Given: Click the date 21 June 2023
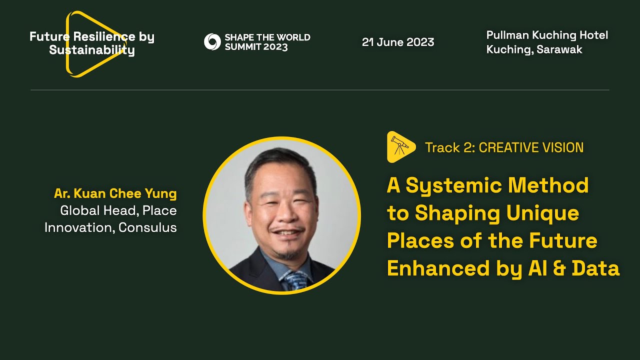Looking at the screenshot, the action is click(x=398, y=42).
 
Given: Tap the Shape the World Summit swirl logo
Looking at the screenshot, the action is click(x=212, y=42).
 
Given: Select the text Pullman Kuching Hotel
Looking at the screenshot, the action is click(x=547, y=35).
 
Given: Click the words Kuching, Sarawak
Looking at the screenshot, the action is click(x=534, y=50).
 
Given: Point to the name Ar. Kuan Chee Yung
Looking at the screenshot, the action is click(x=115, y=193).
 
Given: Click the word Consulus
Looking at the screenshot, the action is click(x=148, y=228).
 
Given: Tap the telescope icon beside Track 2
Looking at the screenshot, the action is click(x=400, y=146).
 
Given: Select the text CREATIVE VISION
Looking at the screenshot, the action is click(x=531, y=147).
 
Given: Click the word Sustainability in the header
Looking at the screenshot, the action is click(x=92, y=51).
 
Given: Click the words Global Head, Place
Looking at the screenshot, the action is click(x=118, y=211).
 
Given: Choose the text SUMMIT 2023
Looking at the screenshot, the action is click(x=256, y=47).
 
